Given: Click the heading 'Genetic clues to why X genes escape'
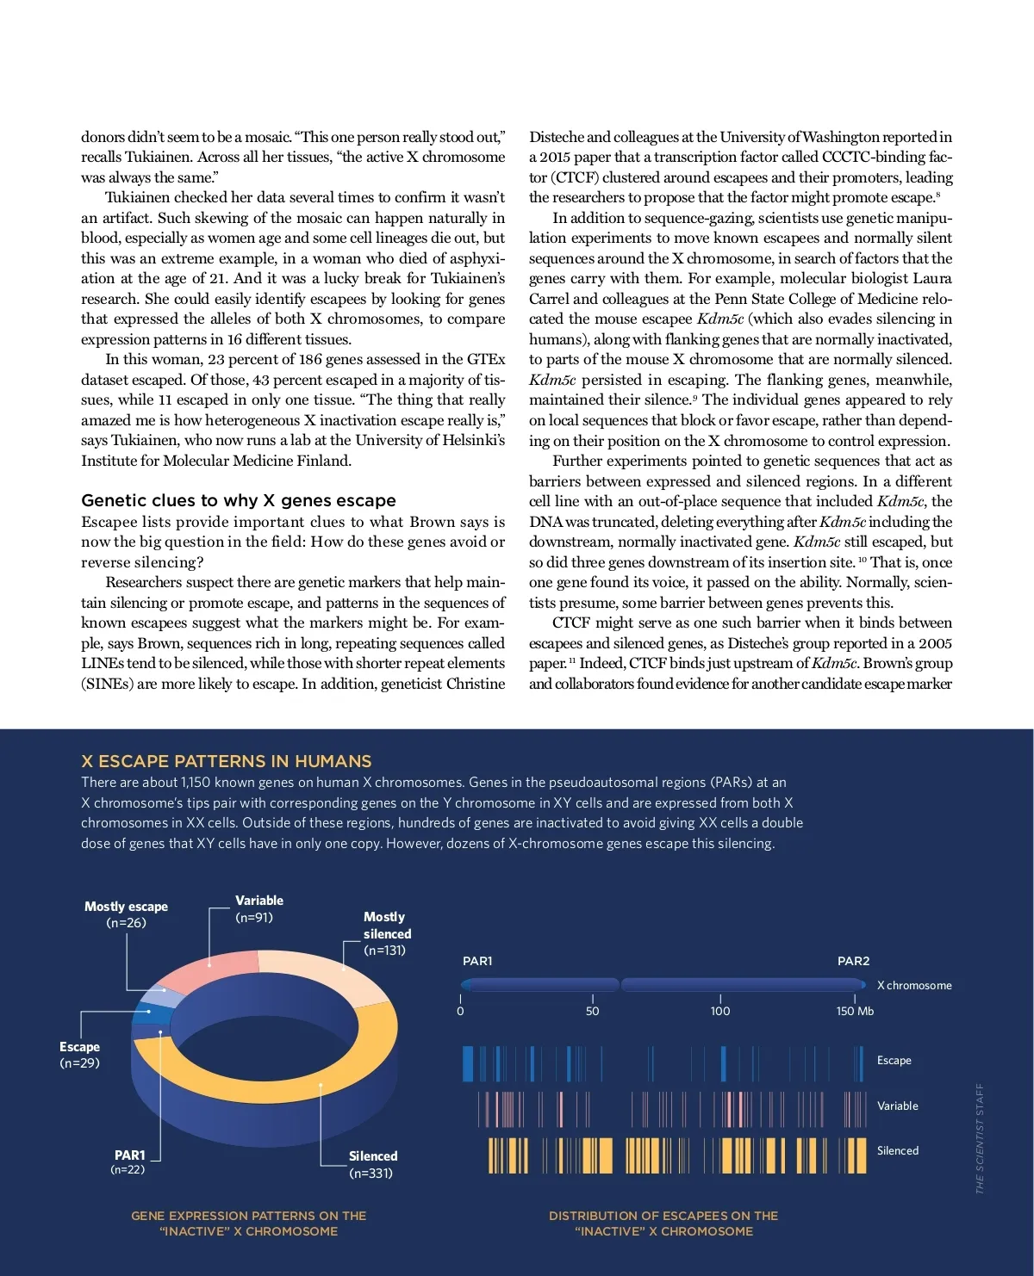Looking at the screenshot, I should (x=239, y=500).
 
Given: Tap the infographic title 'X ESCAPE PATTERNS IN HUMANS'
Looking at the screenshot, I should (x=227, y=761).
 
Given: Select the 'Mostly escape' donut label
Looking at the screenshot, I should (x=126, y=907).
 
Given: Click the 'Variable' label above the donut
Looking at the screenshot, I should (x=259, y=901).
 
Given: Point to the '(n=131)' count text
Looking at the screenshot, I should (x=384, y=951).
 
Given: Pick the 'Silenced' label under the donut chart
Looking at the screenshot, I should (x=373, y=1156).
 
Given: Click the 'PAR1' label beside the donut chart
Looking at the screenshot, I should (x=130, y=1155).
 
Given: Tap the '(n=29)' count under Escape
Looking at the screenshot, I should (x=79, y=1063).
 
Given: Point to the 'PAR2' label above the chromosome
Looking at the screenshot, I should (x=853, y=961).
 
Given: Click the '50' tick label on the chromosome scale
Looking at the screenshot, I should (x=592, y=1012).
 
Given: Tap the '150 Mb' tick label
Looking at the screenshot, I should (x=855, y=1012).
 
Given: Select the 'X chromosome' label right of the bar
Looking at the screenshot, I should (x=914, y=986).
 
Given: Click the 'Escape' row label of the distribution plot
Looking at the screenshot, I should (x=894, y=1061).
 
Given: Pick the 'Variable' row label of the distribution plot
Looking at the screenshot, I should (x=897, y=1106).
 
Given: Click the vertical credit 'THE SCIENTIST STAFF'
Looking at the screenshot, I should (x=980, y=1138).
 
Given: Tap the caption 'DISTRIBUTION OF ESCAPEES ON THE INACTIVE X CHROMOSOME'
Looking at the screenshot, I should (x=663, y=1223).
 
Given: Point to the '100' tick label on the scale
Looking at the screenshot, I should (x=720, y=1012).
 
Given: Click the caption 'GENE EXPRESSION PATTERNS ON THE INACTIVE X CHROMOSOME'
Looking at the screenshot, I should (x=249, y=1223).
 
